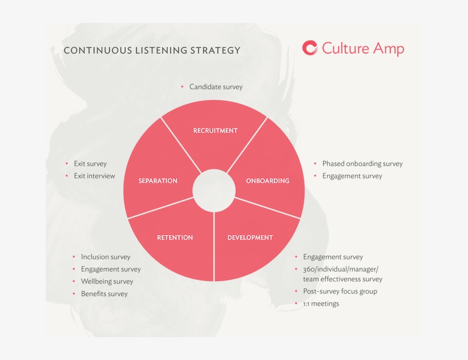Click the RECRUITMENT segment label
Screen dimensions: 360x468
215,131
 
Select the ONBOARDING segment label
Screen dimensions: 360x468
268,181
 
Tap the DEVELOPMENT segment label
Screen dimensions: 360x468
250,237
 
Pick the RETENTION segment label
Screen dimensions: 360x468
175,237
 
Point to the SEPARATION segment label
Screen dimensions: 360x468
158,181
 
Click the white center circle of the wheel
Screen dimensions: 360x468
214,190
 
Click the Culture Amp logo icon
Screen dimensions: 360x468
310,48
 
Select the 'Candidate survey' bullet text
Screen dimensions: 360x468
216,87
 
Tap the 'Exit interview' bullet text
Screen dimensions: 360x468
94,176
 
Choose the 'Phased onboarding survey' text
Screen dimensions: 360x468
362,164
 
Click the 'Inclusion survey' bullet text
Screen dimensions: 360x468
106,257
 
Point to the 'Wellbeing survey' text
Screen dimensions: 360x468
107,281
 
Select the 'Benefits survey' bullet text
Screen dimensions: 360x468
104,294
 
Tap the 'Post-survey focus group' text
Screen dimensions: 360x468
340,291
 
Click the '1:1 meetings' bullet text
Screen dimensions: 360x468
321,304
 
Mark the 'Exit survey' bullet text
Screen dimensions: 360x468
90,164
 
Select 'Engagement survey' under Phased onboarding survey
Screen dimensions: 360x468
352,176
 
